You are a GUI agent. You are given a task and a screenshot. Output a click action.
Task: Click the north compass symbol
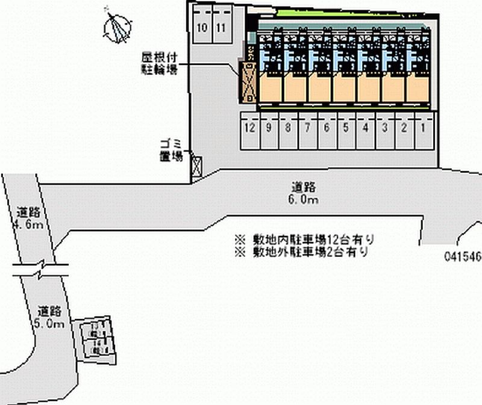117,25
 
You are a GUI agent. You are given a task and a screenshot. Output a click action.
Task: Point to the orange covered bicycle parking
248,81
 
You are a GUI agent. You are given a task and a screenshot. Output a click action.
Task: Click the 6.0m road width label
304,193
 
